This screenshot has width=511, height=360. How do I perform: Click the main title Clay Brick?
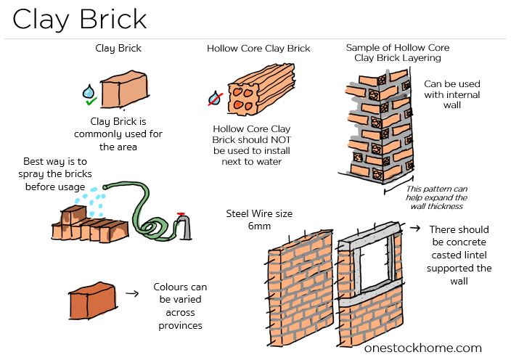[80, 19]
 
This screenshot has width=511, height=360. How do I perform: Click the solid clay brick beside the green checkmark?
[121, 91]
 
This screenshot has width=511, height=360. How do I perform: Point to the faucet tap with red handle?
[185, 224]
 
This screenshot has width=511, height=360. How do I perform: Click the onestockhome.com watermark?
[422, 348]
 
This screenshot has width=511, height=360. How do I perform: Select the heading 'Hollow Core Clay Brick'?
[258, 49]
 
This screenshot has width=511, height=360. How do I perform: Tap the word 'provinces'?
[179, 325]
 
